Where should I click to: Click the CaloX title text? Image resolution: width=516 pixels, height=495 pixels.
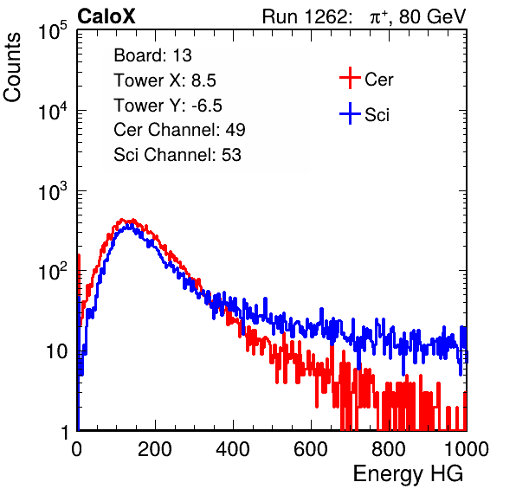tap(106, 16)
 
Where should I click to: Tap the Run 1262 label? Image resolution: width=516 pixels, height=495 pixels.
tap(305, 16)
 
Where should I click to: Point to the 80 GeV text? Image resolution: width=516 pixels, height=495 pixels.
tap(432, 16)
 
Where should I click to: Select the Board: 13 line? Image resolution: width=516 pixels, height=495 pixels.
tap(152, 55)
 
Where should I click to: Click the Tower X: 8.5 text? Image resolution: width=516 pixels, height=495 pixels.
tap(164, 80)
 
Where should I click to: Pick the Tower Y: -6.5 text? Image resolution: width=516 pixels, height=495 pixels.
tap(168, 106)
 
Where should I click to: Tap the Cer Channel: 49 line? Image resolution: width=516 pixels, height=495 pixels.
tap(179, 130)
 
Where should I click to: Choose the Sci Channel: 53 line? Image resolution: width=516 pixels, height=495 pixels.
tap(177, 155)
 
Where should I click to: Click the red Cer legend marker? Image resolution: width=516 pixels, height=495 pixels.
tap(350, 78)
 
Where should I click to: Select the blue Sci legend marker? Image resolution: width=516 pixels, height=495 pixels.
tap(350, 114)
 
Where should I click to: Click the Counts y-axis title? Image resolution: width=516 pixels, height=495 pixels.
tap(12, 67)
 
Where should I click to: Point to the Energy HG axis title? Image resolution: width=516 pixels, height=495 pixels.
tap(408, 474)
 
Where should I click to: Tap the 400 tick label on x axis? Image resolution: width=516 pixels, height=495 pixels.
tap(233, 449)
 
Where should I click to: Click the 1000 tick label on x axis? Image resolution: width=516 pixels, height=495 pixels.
tap(467, 449)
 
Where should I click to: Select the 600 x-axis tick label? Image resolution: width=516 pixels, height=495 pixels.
tap(311, 449)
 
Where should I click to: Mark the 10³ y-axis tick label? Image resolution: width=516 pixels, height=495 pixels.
tap(53, 190)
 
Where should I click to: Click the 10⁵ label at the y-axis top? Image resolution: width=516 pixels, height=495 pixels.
tap(53, 31)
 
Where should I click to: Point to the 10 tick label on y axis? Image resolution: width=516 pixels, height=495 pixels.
tap(56, 352)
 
